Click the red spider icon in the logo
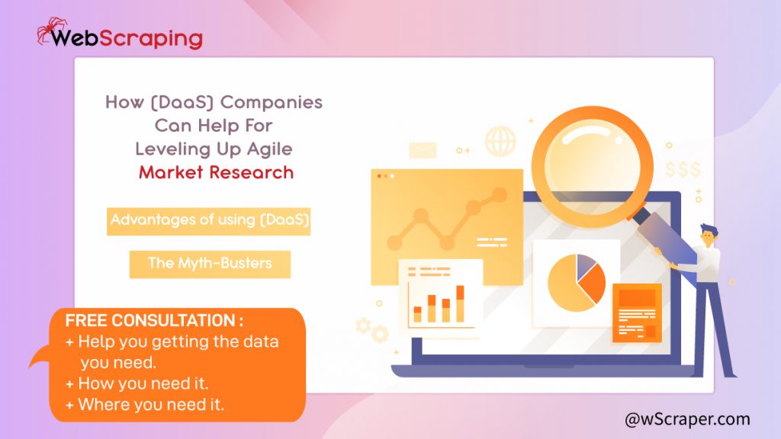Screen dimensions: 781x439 click(51, 30)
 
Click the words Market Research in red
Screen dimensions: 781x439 click(216, 173)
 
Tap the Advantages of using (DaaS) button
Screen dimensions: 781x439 click(209, 221)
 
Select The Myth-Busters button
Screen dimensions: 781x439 click(210, 264)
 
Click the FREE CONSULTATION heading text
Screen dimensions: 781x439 click(154, 321)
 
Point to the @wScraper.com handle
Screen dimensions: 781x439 click(687, 419)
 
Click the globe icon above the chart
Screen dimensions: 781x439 click(500, 141)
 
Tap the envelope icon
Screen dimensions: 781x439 click(423, 150)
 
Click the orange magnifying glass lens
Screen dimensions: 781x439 click(592, 166)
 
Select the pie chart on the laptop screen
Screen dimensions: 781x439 click(577, 283)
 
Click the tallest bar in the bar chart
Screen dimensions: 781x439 click(460, 303)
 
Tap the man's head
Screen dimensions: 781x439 click(709, 236)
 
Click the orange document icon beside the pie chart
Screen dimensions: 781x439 click(637, 313)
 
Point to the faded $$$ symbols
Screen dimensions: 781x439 click(683, 170)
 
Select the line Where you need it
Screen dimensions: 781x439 click(145, 405)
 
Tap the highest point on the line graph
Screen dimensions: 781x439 click(500, 194)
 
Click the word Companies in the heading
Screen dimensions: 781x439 click(272, 103)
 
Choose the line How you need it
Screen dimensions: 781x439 click(137, 384)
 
